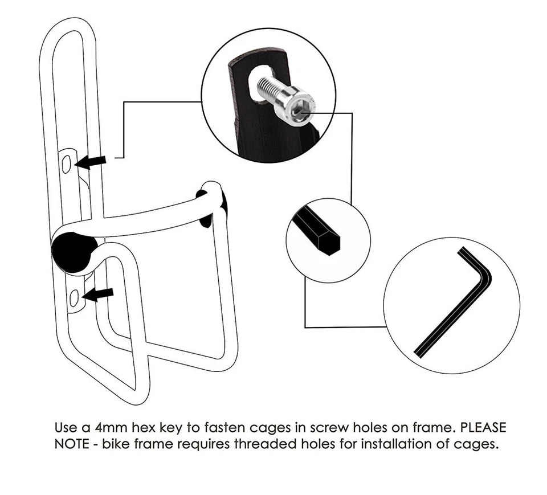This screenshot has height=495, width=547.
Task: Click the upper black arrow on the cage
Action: (x=91, y=162)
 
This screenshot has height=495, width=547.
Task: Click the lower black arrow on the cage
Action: (x=97, y=295)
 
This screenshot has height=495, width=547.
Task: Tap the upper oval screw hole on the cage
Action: (x=66, y=164)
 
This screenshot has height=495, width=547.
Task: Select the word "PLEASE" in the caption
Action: (x=484, y=427)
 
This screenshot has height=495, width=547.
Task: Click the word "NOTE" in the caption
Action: (x=72, y=444)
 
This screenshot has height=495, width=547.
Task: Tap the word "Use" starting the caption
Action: (x=66, y=427)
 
